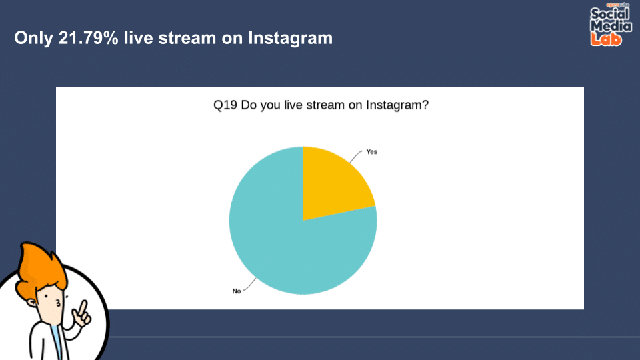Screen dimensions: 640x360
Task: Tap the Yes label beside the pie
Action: coord(371,152)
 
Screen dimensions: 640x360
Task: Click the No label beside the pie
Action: coord(236,291)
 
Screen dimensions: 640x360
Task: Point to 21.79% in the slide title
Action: coord(89,38)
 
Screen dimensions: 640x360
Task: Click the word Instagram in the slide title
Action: coord(290,39)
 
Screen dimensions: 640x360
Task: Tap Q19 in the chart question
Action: coord(225,105)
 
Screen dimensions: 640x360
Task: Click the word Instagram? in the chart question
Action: coord(397,105)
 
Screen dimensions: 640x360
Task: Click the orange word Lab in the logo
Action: coord(606,39)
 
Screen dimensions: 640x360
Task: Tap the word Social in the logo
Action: coord(609,13)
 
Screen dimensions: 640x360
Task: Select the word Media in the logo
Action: coord(611,26)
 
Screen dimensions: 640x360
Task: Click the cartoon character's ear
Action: coord(32,303)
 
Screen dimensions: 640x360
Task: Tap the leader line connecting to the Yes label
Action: coord(355,156)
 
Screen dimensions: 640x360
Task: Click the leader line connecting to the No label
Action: coord(250,285)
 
